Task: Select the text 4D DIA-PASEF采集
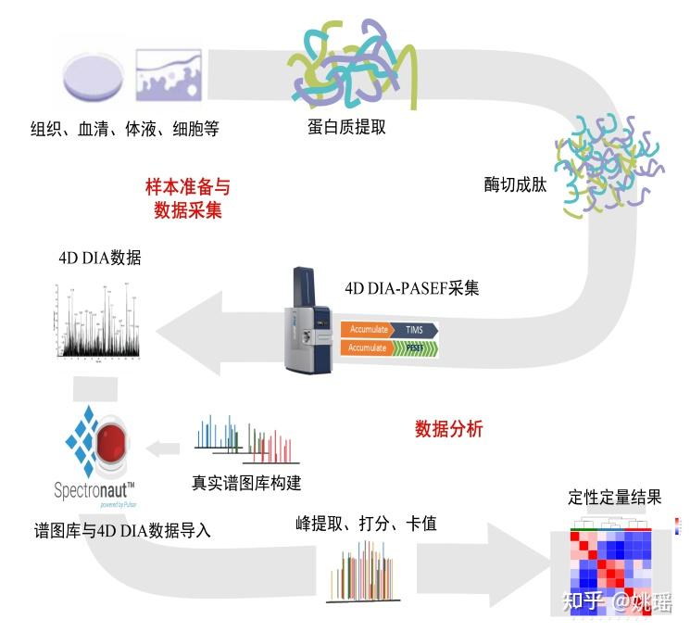411,288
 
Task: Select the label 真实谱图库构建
246,483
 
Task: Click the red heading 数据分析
448,430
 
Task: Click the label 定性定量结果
614,497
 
